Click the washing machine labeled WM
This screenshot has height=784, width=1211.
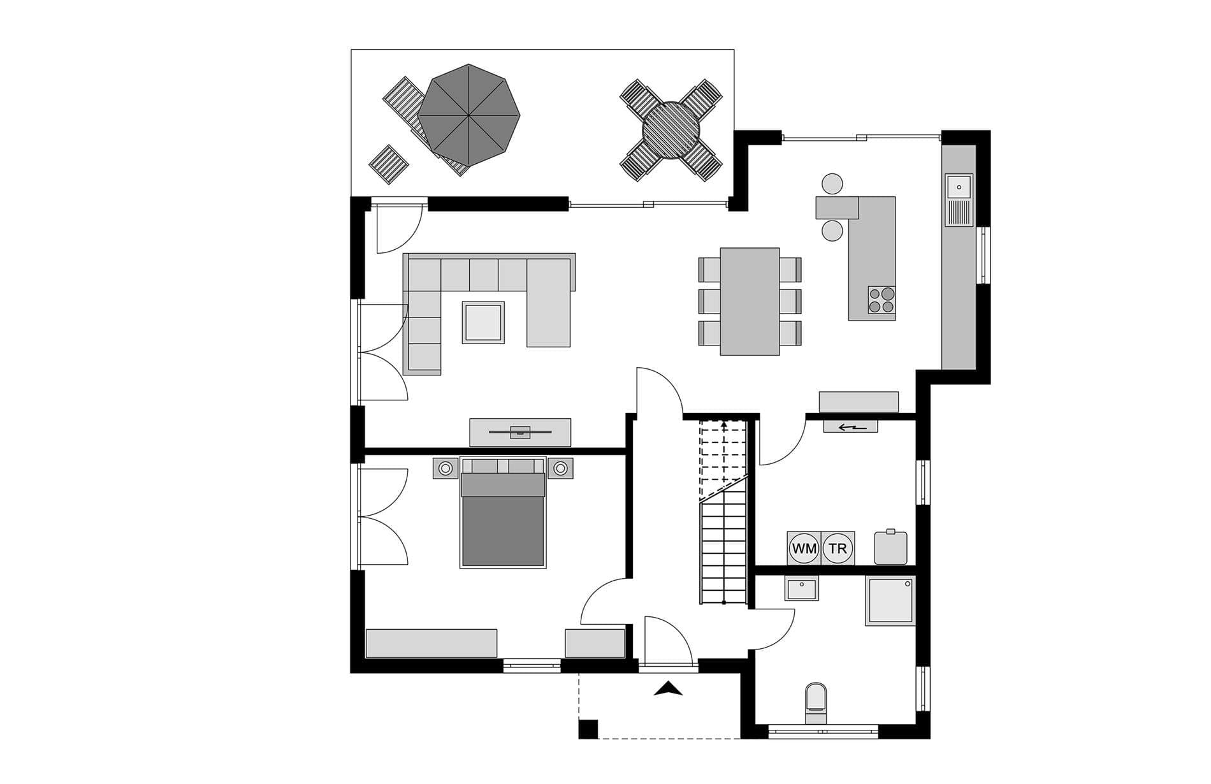coord(804,548)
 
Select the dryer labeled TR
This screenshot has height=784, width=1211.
coord(838,548)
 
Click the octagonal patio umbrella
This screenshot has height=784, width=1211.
coord(468,115)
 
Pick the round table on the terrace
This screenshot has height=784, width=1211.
coord(671,130)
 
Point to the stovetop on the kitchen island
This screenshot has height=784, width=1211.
coord(881,300)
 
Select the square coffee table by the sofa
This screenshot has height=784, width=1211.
coord(483,323)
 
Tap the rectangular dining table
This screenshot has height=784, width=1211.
coord(750,301)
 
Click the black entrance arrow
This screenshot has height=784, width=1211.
coord(668,688)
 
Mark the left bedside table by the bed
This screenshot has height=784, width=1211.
coord(446,468)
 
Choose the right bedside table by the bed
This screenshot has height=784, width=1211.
coord(560,468)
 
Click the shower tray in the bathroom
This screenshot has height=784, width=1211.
coord(890,600)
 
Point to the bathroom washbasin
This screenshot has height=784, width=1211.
coord(802,589)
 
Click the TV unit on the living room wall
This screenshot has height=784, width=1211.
coord(520,432)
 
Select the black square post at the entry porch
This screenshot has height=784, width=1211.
coord(588,729)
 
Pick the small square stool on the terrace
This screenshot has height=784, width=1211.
coord(389,164)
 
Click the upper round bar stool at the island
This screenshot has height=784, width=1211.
coord(832,184)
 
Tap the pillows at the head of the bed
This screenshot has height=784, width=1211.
coord(503,466)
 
